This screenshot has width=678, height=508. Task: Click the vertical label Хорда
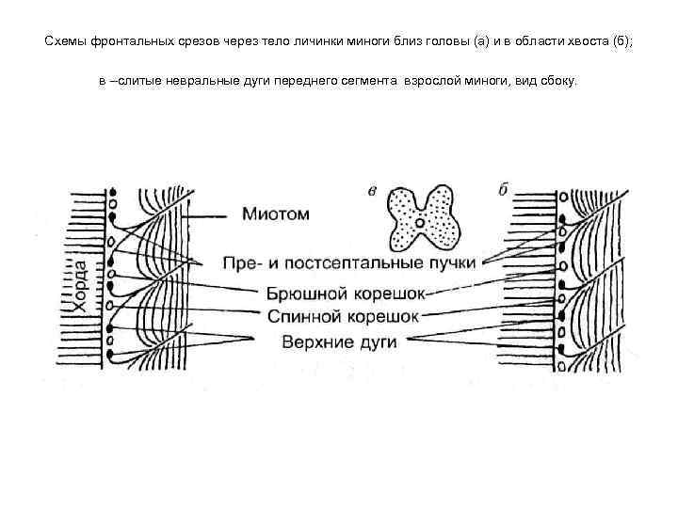coord(82,281)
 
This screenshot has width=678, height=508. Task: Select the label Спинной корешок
coord(343,316)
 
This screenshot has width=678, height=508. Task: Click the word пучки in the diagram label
coord(456,261)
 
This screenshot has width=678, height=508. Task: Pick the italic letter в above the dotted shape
coord(373,191)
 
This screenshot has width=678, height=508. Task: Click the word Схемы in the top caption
coord(64,42)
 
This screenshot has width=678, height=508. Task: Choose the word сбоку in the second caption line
coord(557,82)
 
